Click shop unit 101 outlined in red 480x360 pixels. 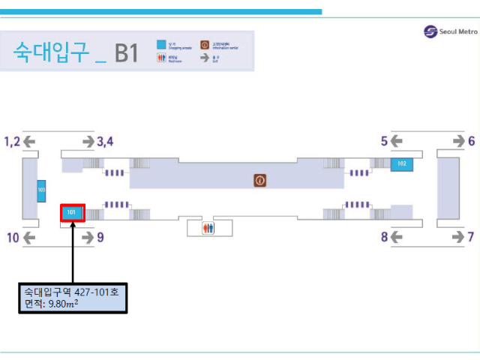tap(72, 212)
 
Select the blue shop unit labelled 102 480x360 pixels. tap(402, 163)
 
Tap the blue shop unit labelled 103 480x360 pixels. tap(41, 191)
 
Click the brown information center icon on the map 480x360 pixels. tap(260, 180)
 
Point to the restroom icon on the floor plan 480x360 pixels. tap(208, 228)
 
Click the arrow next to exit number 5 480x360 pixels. tap(397, 141)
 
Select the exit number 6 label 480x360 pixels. tap(472, 141)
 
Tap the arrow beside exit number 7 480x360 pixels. tap(457, 238)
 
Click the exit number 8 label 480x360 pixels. tap(384, 238)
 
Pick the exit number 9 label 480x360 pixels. tap(100, 238)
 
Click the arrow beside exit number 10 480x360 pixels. tap(29, 238)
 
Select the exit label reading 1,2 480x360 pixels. tap(13, 141)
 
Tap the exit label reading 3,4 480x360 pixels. tap(105, 141)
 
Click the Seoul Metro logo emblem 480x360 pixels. tap(430, 31)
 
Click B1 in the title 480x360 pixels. tap(125, 52)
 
